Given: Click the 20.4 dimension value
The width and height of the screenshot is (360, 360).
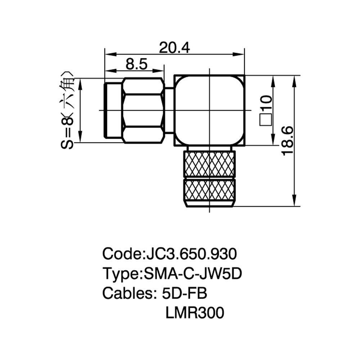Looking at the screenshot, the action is pos(175,48).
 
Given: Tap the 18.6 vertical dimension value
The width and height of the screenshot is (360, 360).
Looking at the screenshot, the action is pos(287,141).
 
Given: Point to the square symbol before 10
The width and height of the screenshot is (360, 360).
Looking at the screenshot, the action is pos(266,120).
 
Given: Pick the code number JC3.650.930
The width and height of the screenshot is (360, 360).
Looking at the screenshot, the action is pos(190,254).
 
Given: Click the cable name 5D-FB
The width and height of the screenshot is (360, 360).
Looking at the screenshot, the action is pos(184,293).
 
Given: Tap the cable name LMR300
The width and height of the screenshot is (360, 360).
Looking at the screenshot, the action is pos(195,313).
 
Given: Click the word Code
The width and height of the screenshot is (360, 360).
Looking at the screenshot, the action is pos(121,254).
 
